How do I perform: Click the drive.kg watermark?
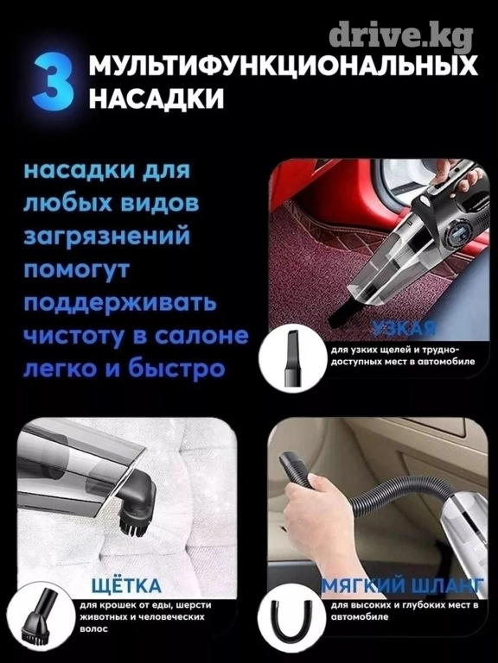(400, 36)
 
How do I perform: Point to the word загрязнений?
(106, 236)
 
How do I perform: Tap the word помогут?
(76, 270)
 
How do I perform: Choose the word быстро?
(176, 369)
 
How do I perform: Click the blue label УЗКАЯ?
(405, 327)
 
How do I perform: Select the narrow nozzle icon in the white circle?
(293, 358)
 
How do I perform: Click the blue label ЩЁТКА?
(126, 585)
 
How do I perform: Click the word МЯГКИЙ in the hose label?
(361, 586)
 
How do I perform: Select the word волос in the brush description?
(93, 628)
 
